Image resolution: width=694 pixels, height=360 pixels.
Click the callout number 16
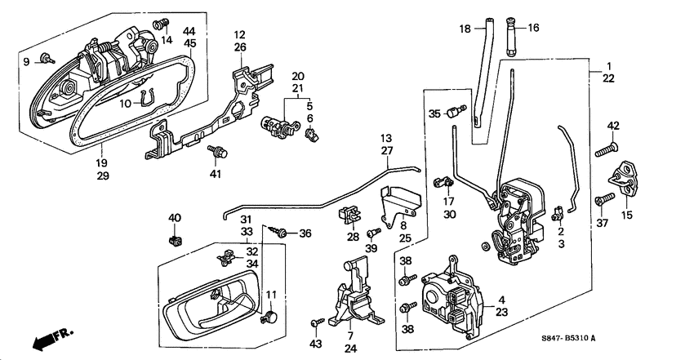534,28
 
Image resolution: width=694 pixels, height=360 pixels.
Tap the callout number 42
613,126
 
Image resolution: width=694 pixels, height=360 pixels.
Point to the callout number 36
305,233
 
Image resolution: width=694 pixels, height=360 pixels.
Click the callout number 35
434,113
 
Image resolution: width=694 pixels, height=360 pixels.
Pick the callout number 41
216,174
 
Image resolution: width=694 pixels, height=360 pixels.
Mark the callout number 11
271,295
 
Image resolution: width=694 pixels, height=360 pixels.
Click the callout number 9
25,60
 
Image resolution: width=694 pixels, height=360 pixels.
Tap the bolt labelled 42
605,149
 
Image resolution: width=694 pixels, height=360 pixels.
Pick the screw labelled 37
603,198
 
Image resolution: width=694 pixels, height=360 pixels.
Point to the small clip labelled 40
174,240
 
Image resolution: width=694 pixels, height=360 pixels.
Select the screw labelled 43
315,324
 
